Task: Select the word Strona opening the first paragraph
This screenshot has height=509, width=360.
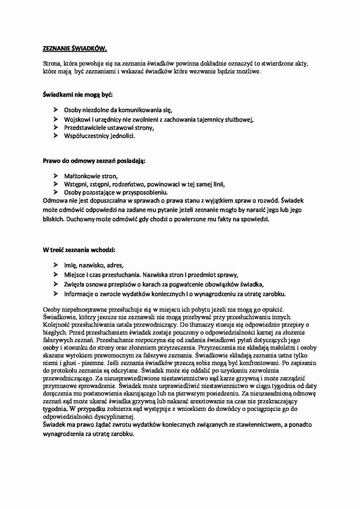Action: (x=51, y=64)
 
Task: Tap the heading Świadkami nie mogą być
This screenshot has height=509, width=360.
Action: (x=78, y=95)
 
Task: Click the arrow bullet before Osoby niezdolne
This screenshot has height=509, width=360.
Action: (x=56, y=110)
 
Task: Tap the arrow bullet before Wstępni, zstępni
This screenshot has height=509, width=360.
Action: (x=56, y=184)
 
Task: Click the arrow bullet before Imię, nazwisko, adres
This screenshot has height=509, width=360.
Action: (x=56, y=265)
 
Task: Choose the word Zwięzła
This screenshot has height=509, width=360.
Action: (x=74, y=284)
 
